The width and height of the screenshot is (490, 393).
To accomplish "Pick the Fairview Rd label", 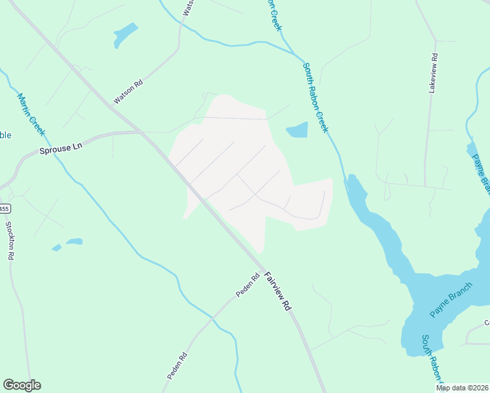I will click(277, 291).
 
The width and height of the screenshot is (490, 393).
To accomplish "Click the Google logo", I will click(22, 385).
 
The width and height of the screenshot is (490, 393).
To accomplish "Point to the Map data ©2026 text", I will click(462, 388).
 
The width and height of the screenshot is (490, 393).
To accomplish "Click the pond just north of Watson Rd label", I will click(124, 35).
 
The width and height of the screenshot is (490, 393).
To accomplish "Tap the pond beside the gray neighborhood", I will click(297, 130).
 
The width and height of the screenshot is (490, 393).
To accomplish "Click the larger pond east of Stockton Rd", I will click(74, 241).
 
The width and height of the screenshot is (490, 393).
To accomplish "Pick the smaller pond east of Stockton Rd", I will click(56, 248).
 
